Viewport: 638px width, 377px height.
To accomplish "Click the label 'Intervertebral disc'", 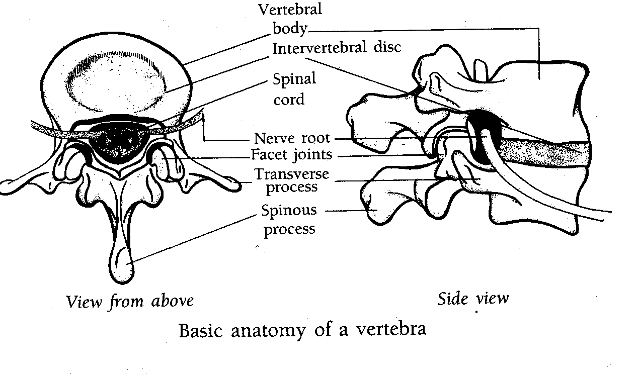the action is click(x=337, y=48).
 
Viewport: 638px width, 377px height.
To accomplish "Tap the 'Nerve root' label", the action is click(x=292, y=139).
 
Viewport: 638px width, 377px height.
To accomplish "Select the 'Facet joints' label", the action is click(x=291, y=155).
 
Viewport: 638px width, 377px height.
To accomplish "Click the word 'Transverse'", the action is click(x=292, y=174).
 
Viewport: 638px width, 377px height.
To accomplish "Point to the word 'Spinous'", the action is click(x=289, y=210).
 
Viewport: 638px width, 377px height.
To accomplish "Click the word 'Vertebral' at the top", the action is click(x=290, y=9).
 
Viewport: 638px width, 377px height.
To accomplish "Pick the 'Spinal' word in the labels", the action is click(x=294, y=78).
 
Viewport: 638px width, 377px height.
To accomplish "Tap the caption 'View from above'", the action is click(x=130, y=302).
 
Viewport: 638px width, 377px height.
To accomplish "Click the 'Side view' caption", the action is click(x=473, y=299).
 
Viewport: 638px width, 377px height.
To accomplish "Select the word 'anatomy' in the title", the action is click(x=268, y=330).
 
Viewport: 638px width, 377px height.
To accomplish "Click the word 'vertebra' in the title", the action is click(x=391, y=329).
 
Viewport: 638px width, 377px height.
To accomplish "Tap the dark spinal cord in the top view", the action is click(x=118, y=142).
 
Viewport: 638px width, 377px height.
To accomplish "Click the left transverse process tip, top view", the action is click(x=6, y=187).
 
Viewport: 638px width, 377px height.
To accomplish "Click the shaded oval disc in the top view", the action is click(x=115, y=82).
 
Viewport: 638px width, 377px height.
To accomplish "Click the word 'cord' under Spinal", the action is click(x=289, y=100).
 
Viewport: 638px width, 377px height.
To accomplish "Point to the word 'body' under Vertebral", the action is click(x=290, y=29).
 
